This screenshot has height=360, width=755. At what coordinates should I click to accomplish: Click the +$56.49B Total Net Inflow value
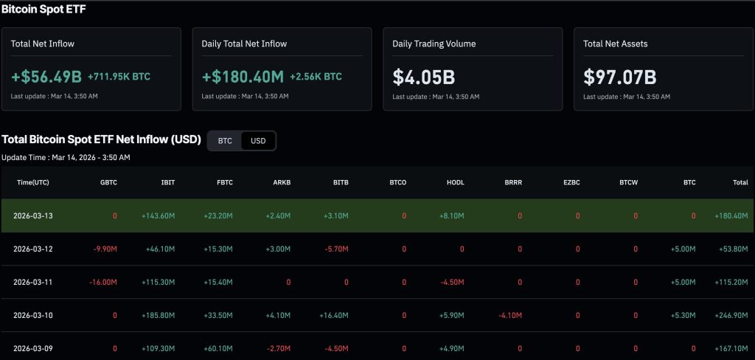click(46, 76)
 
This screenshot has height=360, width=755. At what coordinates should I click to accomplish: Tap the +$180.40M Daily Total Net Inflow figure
click(243, 76)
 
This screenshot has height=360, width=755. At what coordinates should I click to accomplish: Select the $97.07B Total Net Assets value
click(619, 76)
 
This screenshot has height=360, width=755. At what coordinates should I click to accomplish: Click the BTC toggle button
click(225, 141)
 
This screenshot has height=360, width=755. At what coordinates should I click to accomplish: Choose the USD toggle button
click(258, 141)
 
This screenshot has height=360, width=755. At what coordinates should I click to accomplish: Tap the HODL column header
click(455, 182)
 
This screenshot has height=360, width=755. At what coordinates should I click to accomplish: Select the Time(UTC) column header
click(33, 182)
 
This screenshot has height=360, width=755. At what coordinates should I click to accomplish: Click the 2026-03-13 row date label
click(33, 215)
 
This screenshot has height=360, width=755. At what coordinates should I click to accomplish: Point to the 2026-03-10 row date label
click(33, 315)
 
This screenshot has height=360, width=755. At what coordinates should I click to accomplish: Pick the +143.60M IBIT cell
click(159, 215)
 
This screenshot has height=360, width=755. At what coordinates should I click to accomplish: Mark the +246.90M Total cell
click(730, 315)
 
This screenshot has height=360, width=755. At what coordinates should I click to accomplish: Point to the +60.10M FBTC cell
click(218, 348)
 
